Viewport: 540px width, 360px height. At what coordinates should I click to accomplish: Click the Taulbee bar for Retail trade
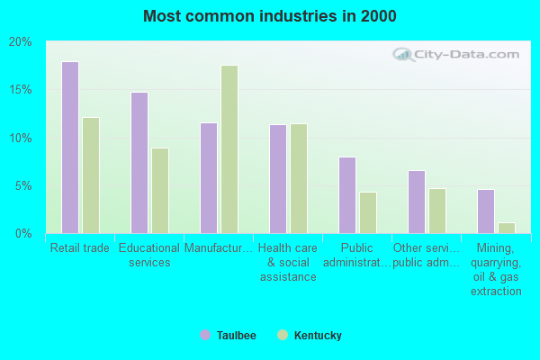69,148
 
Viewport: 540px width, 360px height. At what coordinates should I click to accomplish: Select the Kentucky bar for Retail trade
91,175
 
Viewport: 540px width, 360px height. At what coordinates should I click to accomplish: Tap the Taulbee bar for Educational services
139,163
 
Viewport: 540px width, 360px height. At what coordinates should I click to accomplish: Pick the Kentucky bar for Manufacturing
229,149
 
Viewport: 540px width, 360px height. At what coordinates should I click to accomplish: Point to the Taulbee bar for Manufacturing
208,178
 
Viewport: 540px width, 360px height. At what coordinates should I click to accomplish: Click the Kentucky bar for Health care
298,178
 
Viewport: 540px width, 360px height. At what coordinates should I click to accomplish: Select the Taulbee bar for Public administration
347,195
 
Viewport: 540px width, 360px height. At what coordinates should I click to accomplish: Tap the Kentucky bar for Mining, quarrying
506,228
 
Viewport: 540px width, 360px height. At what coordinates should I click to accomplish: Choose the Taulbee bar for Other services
416,202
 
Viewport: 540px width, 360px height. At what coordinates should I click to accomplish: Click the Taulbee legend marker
204,336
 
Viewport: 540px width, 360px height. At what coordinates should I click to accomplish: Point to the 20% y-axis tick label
21,42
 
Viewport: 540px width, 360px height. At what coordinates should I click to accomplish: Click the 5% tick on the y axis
23,186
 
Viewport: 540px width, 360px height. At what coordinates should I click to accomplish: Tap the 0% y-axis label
23,234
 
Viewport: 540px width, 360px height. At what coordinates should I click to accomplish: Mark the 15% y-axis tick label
21,90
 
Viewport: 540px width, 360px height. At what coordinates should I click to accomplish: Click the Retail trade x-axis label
80,248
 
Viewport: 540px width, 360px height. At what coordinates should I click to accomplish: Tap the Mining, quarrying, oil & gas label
496,269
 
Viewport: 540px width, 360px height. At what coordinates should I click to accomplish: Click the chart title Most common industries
270,16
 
